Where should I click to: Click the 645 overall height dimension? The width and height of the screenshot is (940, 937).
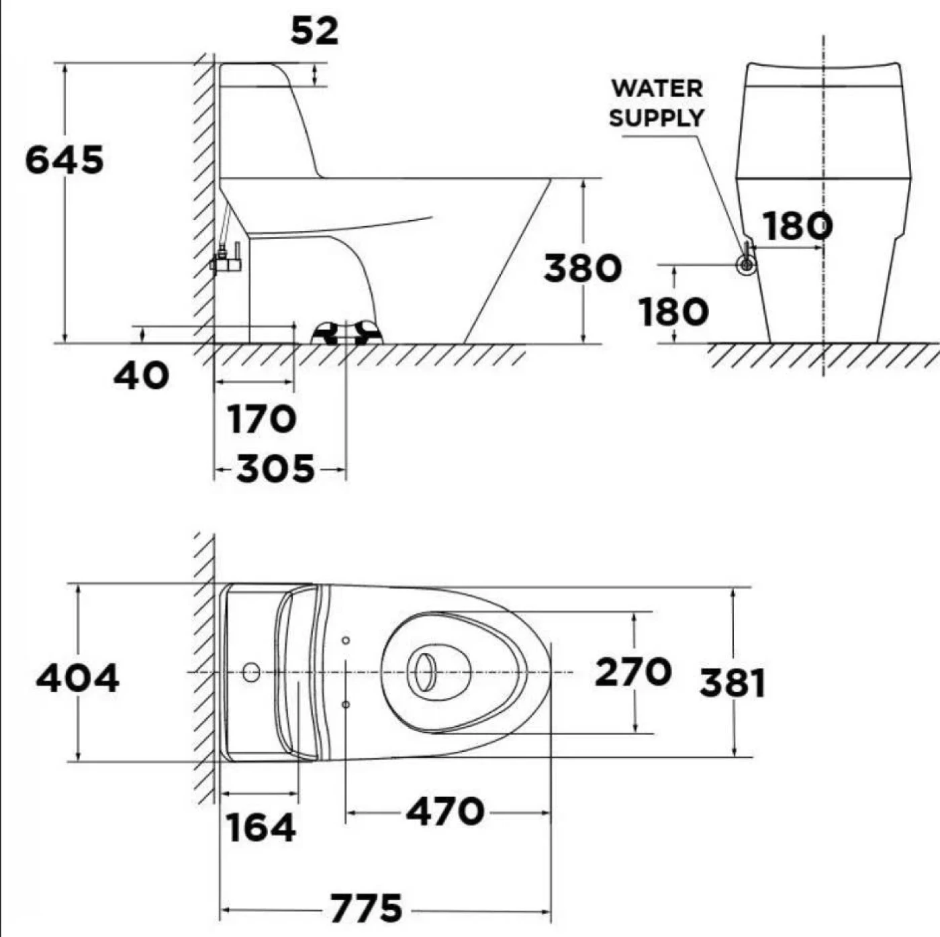tap(64, 160)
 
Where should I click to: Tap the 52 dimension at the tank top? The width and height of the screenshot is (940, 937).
tap(314, 31)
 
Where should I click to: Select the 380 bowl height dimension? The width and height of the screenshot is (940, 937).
tap(582, 268)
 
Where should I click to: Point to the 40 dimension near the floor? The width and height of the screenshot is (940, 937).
tap(141, 375)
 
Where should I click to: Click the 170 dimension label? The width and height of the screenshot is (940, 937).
tap(261, 420)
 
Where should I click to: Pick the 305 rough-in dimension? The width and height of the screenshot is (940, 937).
tap(275, 469)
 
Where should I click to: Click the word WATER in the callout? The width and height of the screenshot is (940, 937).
tap(657, 89)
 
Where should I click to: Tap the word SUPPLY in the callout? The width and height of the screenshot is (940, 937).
tap(656, 117)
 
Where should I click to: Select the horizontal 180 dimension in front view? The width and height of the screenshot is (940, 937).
tap(798, 226)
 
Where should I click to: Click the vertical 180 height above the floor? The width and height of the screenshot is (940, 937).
tap(673, 312)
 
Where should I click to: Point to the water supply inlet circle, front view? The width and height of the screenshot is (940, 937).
tap(746, 264)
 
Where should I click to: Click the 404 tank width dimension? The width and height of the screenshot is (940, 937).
tap(77, 678)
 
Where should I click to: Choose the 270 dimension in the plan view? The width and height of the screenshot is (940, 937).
tap(632, 672)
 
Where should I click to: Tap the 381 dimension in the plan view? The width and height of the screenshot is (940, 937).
tap(732, 683)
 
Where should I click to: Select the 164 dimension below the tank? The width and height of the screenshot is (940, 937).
tap(261, 827)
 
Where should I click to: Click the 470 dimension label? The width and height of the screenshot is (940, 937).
tap(444, 811)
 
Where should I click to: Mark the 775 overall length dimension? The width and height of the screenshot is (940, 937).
tap(366, 909)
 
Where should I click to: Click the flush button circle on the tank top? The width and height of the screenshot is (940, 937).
tap(251, 672)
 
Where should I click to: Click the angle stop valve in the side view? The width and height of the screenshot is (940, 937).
tap(226, 261)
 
